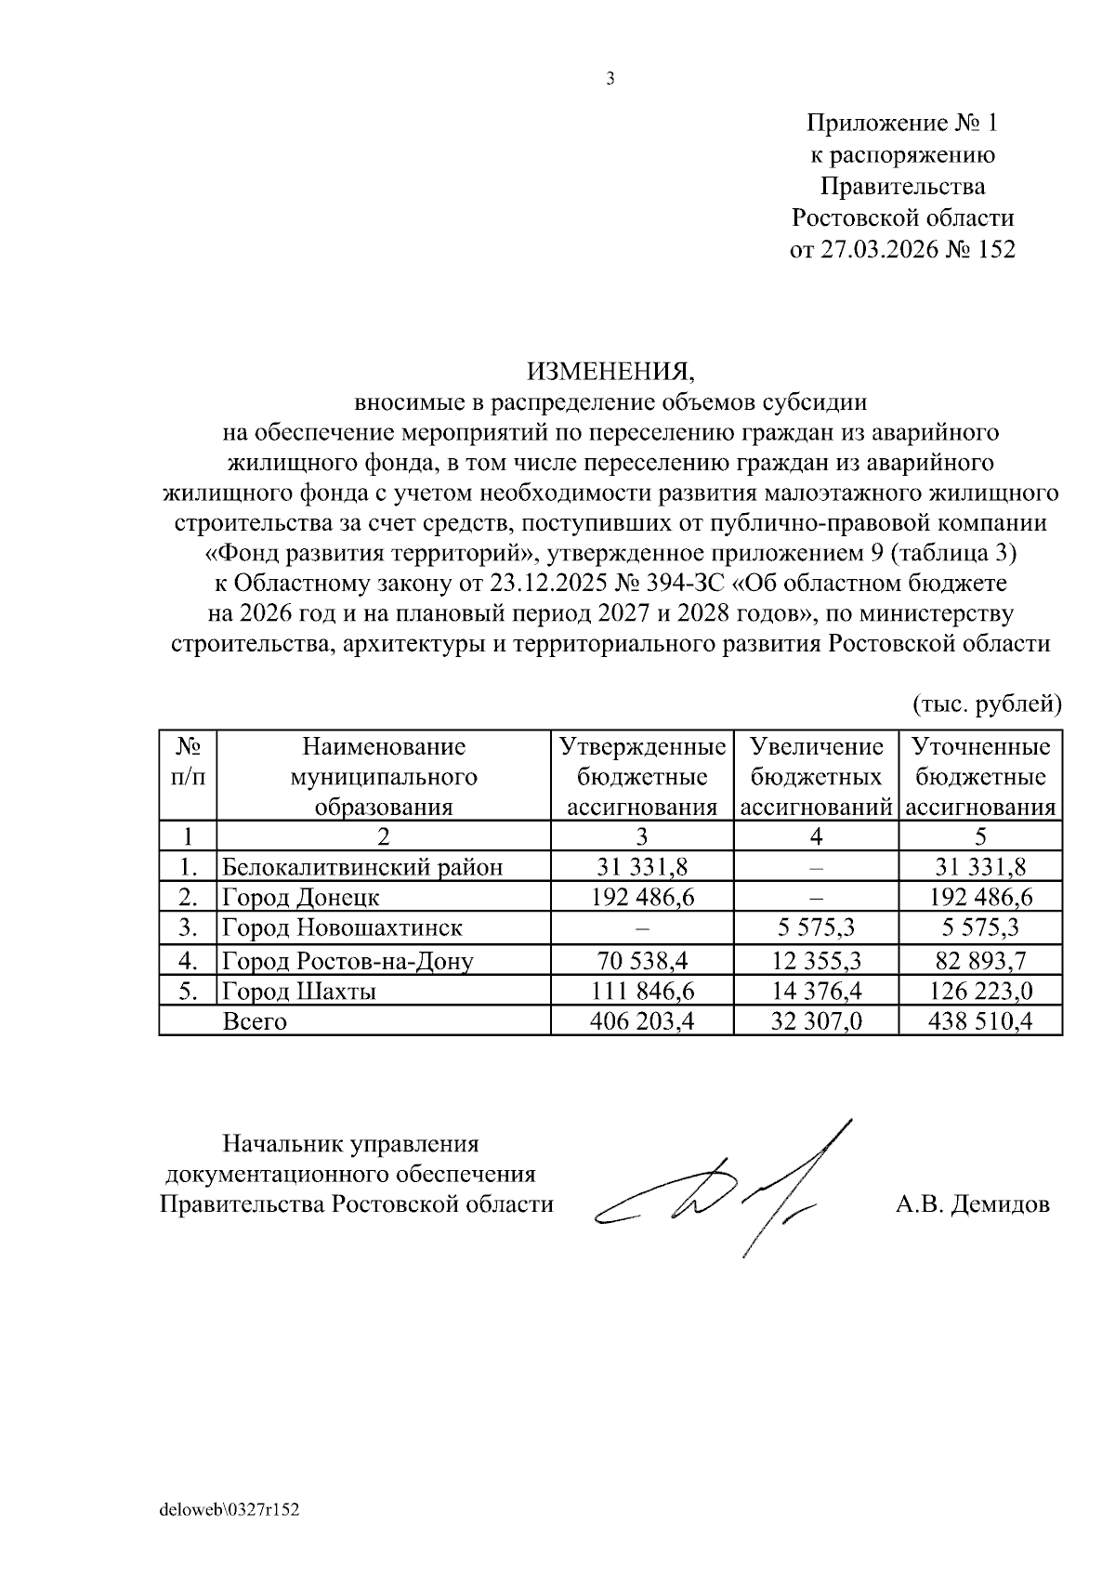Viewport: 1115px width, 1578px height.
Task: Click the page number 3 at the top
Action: [x=610, y=80]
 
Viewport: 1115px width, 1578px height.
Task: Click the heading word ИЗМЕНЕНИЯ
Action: [x=610, y=372]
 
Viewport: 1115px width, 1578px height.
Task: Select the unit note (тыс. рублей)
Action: [x=986, y=704]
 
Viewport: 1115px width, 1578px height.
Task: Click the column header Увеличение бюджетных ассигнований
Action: [x=816, y=776]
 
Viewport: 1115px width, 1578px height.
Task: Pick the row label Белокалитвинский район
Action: [x=362, y=867]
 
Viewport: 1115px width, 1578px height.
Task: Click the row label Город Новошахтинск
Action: [x=342, y=927]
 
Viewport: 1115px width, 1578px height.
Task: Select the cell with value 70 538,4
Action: [x=642, y=960]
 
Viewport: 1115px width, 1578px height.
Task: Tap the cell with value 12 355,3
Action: [x=816, y=960]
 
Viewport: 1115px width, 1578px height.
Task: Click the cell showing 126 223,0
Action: [x=980, y=991]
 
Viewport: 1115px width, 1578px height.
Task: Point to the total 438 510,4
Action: [x=980, y=1021]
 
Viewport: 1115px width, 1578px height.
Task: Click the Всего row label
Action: [x=255, y=1021]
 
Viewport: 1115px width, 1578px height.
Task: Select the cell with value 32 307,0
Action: [x=816, y=1021]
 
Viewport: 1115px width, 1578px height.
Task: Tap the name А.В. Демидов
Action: [x=973, y=1204]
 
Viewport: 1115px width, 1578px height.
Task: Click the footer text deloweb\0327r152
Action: [x=230, y=1511]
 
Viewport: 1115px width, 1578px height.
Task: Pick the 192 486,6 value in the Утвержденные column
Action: [x=642, y=897]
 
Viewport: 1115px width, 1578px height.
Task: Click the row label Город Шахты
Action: [x=299, y=991]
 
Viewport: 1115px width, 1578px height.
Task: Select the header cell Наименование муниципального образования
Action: [x=383, y=776]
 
